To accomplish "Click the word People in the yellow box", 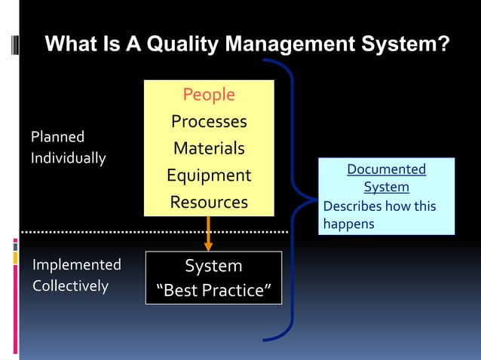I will click(209, 95).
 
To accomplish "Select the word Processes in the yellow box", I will click(209, 122).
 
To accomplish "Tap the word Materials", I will click(209, 148).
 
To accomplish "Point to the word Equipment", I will click(209, 175).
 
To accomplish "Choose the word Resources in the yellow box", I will click(209, 202).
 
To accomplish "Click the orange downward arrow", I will click(209, 234).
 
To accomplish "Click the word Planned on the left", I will click(57, 138).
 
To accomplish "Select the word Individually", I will click(68, 159).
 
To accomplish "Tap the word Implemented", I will click(76, 265).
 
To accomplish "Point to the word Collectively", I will click(70, 286).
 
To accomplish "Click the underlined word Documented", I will click(386, 169).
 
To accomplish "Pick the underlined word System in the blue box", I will click(386, 187).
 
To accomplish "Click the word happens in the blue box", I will click(348, 224).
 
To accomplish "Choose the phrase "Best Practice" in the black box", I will click(213, 291).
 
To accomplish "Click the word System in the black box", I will click(213, 266).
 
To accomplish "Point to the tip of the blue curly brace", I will click(314, 199).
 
